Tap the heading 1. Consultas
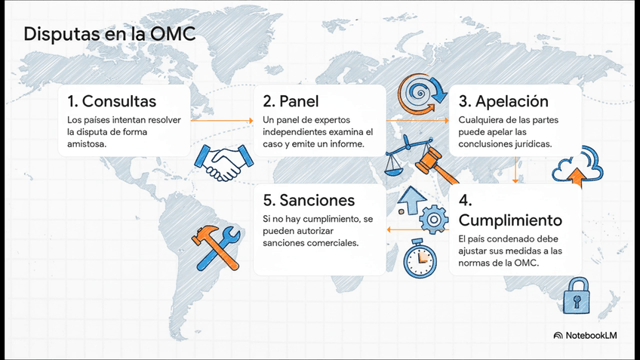tap(112, 101)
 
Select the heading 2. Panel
tap(291, 101)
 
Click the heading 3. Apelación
tap(503, 101)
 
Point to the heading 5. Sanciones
tap(309, 201)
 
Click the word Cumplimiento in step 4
tap(510, 220)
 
